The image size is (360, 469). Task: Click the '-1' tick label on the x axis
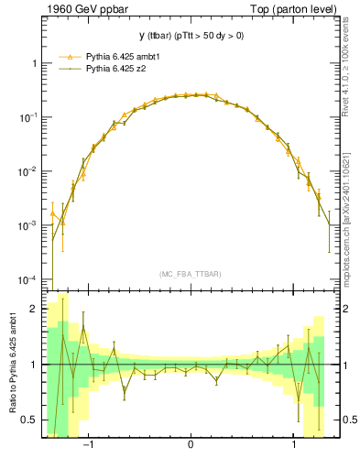[x=89, y=445]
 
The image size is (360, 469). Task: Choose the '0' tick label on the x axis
[x=191, y=445]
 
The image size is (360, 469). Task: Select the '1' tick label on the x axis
[x=293, y=445]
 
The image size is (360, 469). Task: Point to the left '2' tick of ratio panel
[x=34, y=310]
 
